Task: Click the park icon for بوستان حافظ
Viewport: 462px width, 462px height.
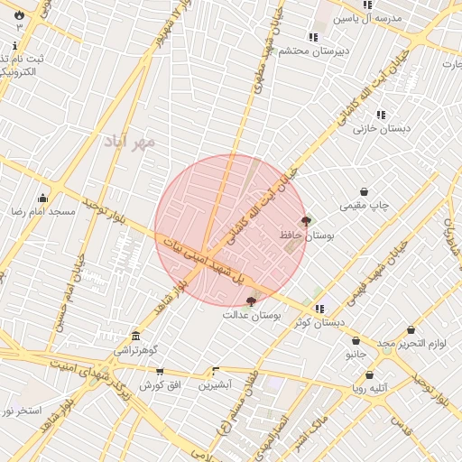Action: [306, 221]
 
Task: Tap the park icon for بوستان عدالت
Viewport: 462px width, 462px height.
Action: [251, 301]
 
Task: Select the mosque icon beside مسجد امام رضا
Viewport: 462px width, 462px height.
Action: [42, 199]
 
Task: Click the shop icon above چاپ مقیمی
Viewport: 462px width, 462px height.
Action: [364, 191]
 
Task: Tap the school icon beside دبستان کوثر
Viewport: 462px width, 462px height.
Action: [319, 309]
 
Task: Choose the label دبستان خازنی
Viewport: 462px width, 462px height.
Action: [382, 128]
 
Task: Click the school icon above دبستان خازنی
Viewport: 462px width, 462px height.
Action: [381, 115]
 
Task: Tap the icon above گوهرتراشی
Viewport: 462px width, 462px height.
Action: [135, 336]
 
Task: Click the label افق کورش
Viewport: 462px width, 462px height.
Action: [161, 385]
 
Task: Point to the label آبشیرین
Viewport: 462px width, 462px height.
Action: [216, 385]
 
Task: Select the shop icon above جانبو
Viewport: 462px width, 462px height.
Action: [356, 341]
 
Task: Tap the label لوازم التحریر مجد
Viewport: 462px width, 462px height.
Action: [402, 344]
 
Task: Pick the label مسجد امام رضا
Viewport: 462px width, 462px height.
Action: [42, 211]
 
